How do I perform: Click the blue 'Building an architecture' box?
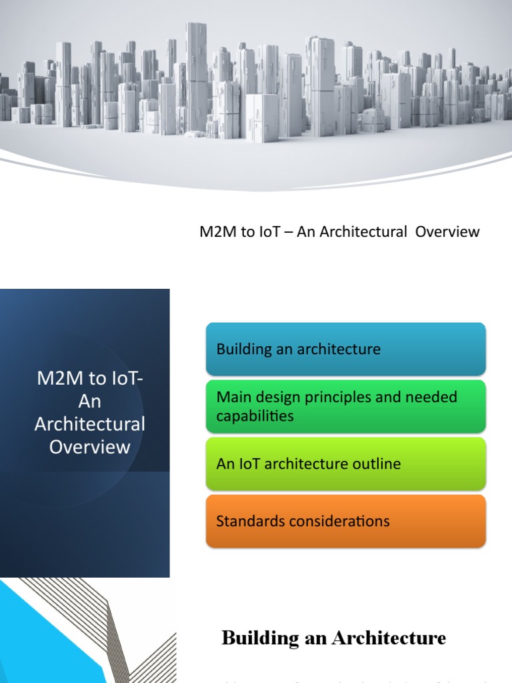pos(345,349)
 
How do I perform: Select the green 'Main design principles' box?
pos(345,406)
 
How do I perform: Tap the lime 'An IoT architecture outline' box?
pos(345,464)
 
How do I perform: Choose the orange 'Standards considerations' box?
pos(345,521)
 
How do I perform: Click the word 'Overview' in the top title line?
pos(449,232)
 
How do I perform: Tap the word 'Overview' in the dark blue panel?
pos(90,447)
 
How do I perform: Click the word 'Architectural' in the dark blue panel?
pos(90,424)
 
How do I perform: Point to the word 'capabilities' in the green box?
pos(255,416)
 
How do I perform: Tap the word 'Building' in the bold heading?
pos(260,639)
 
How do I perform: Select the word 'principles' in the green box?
pos(357,398)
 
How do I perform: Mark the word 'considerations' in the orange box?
pos(339,521)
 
